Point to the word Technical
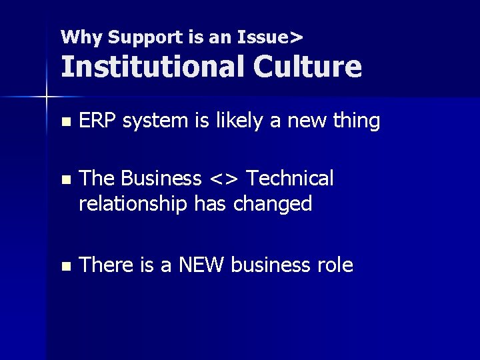291,179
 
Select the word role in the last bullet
335,265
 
